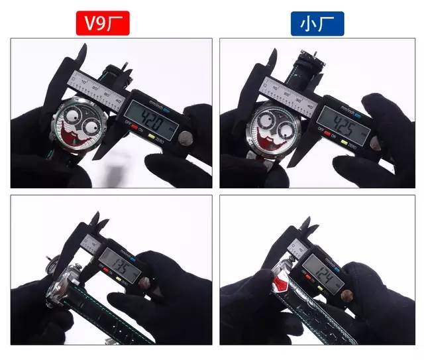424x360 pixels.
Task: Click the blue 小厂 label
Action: [x=317, y=24]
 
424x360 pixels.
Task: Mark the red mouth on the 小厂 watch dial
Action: [x=272, y=143]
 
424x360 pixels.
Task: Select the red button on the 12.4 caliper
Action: [x=311, y=284]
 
